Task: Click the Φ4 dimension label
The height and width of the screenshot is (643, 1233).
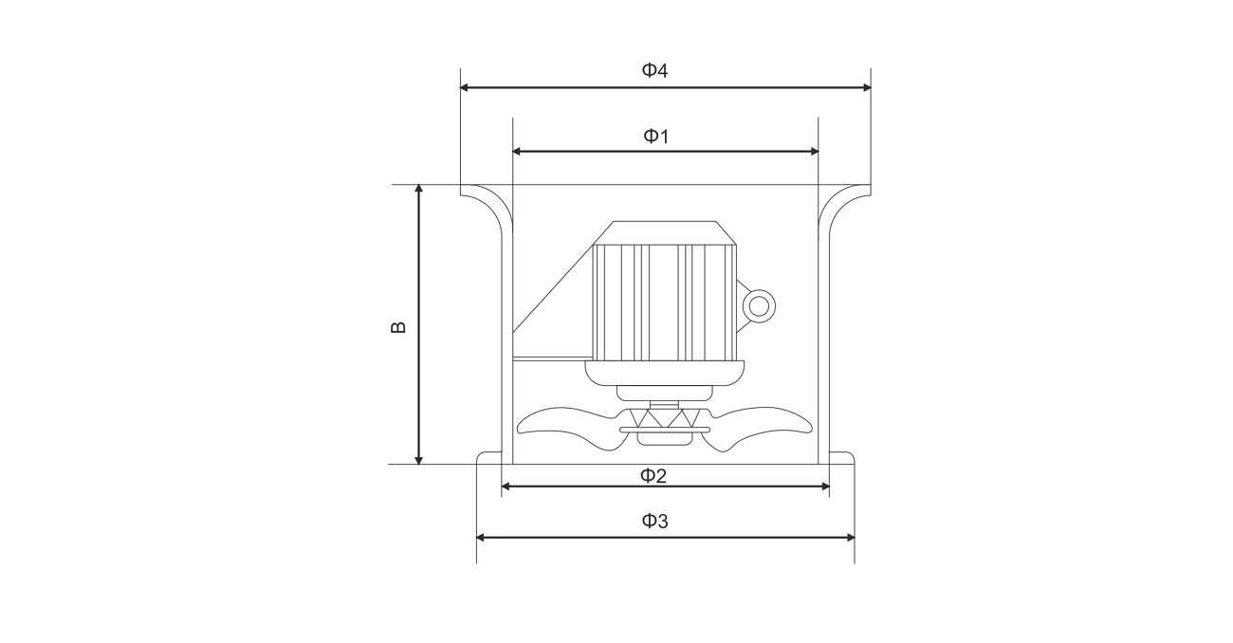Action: tap(654, 70)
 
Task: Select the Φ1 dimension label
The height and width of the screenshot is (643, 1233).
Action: tap(656, 136)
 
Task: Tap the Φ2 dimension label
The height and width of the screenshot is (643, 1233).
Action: tap(653, 476)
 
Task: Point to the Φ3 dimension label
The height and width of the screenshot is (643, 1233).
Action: tap(655, 521)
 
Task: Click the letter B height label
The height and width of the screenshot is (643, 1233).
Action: tap(398, 327)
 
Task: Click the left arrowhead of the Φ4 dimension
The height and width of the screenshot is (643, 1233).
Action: tap(465, 87)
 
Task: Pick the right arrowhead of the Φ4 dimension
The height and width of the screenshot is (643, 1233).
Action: tap(866, 87)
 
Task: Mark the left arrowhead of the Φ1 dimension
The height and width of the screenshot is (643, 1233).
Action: tap(518, 152)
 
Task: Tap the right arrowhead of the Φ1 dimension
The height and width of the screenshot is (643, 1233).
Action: tap(814, 152)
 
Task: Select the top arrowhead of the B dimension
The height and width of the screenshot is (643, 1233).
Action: tap(419, 190)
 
